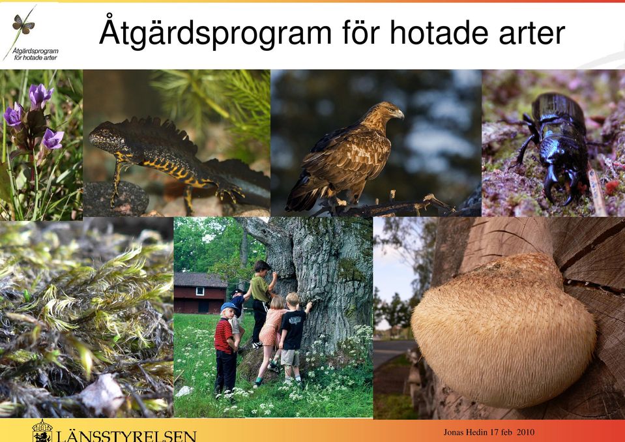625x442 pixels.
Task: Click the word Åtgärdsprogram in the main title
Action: tap(215, 32)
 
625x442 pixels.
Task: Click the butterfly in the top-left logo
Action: tap(23, 24)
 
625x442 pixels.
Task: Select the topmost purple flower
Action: tap(40, 95)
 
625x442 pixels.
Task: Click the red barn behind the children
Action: tap(200, 293)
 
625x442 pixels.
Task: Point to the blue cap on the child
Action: tap(228, 306)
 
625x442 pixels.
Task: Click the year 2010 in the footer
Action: tap(525, 432)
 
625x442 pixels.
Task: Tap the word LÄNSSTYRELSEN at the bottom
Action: tap(126, 436)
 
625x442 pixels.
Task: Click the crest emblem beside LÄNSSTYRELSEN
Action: tap(42, 431)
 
